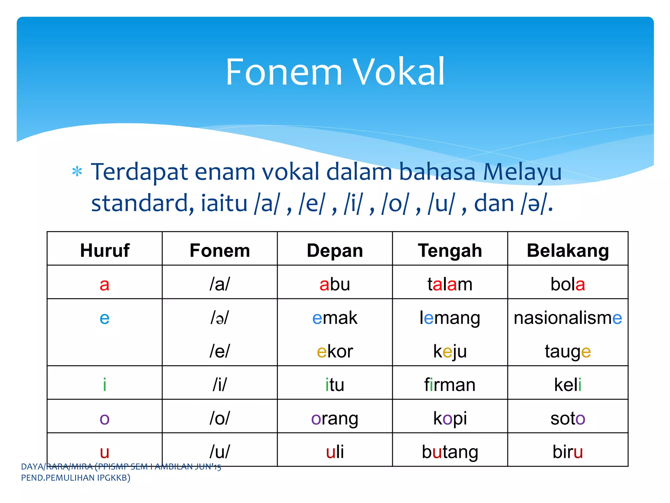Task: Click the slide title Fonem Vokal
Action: coord(335,72)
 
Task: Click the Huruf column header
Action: coord(105,251)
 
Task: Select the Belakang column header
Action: coord(568,251)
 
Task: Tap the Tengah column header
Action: coord(450,251)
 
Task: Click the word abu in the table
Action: coord(335,284)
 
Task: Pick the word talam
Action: coord(450,284)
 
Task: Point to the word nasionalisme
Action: coord(568,318)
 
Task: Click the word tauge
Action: coord(568,352)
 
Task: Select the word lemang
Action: coord(450,318)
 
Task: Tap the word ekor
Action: coord(335,352)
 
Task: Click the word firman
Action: coord(450,385)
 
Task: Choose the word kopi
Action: coord(450,419)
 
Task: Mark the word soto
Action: coord(568,419)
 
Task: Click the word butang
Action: coord(450,452)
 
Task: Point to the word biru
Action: coord(568,452)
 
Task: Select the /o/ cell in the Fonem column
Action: coord(220,419)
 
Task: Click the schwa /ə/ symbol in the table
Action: coord(220,318)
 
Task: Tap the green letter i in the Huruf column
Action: coord(104,385)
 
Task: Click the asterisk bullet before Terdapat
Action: coord(77,172)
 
